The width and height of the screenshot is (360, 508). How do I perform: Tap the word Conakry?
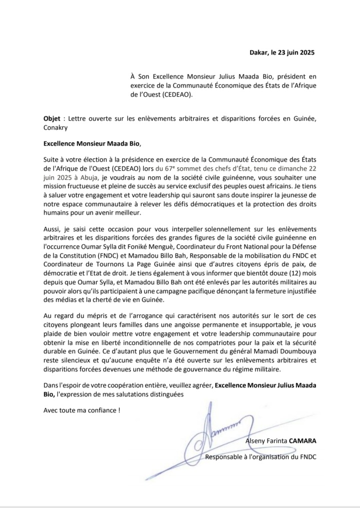pyautogui.click(x=56, y=128)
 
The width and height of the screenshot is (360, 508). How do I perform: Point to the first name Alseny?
pyautogui.click(x=257, y=441)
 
